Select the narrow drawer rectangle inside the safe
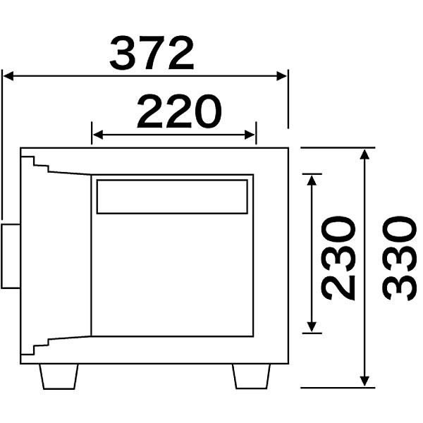pos(172,196)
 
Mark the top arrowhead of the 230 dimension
pos(310,180)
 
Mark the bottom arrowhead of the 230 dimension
pos(310,326)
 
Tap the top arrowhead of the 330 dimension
pos(364,154)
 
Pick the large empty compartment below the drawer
pos(172,275)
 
